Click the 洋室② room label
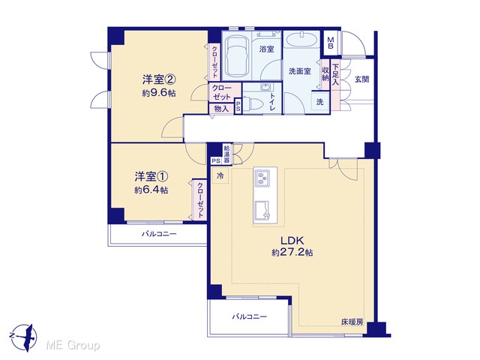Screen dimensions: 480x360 pos(158,80)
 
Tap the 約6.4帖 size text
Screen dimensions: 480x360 pos(151,190)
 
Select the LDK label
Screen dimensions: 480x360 pos(292,240)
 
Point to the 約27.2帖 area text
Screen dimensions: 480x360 pos(292,253)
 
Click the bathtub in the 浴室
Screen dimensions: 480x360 pos(237,58)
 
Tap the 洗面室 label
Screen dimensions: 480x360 pos(300,71)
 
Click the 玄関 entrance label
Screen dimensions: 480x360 pos(361,79)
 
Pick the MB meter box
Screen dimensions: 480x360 pos(331,43)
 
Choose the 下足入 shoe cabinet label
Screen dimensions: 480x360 pos(335,74)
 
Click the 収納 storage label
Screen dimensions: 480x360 pos(325,74)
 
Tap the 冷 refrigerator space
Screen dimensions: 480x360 pos(220,175)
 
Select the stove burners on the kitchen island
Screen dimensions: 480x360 pos(262,178)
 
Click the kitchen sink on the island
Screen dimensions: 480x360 pos(262,211)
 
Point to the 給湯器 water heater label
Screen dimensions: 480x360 pos(226,154)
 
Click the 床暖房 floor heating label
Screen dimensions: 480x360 pos(352,322)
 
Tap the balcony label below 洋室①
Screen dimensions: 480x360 pos(159,235)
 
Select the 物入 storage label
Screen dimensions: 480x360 pos(221,108)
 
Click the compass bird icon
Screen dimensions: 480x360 pos(25,337)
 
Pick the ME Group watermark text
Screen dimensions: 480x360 pos(73,346)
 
